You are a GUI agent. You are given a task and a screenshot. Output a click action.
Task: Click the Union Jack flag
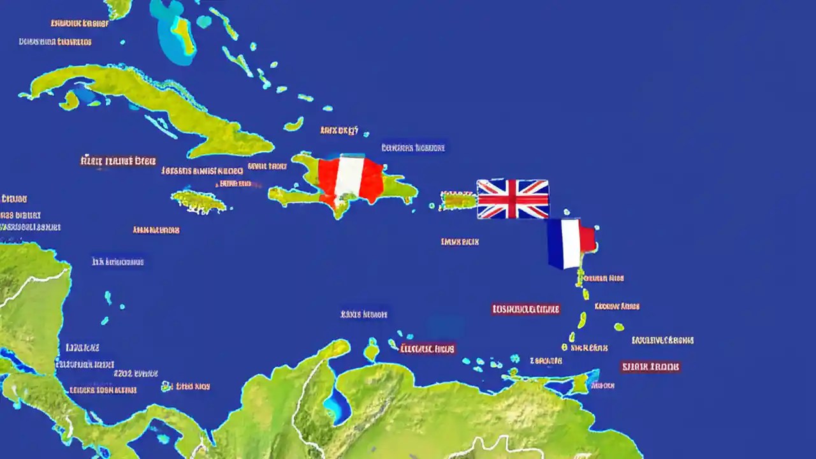(513, 199)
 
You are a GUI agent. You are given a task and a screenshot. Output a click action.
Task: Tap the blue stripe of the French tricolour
(555, 243)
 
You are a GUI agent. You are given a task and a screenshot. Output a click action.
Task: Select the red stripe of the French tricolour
(587, 238)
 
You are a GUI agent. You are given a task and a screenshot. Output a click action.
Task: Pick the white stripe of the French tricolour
(571, 243)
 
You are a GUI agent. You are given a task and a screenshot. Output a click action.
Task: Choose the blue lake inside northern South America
(337, 402)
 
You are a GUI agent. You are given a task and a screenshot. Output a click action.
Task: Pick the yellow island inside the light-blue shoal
(183, 32)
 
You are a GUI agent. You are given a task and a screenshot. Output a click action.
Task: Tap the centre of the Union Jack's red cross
(513, 199)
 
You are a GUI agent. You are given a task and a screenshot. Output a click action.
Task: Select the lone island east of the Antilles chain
(618, 327)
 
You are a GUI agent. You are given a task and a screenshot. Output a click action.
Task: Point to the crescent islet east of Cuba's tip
(294, 124)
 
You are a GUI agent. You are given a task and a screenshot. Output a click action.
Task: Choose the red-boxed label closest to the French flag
(525, 309)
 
